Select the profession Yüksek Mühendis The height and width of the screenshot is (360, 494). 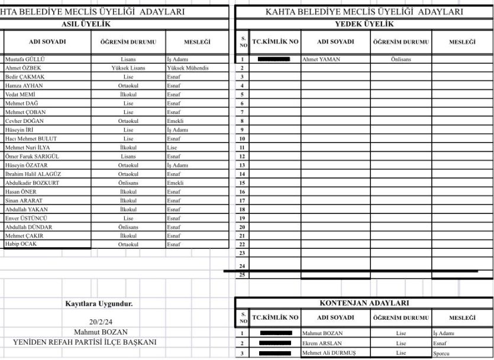pos(188,68)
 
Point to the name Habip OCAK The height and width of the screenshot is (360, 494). pos(21,244)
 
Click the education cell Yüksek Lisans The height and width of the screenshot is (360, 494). pos(128,68)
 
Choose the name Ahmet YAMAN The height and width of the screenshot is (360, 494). pos(321,60)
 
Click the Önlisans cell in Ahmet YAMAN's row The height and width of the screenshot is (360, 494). pos(401,60)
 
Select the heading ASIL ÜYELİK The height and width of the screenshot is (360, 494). pos(86,24)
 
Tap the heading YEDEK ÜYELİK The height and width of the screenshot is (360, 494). pos(364,24)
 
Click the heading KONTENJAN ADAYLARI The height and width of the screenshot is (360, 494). pos(364,303)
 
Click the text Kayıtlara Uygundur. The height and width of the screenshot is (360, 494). pos(99,304)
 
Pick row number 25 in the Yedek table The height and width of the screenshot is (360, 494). pos(242,275)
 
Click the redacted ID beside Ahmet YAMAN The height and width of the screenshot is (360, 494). pos(274,60)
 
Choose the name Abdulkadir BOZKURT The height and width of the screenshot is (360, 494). pos(32,183)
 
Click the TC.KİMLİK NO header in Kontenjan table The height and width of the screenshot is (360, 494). pos(275,318)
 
